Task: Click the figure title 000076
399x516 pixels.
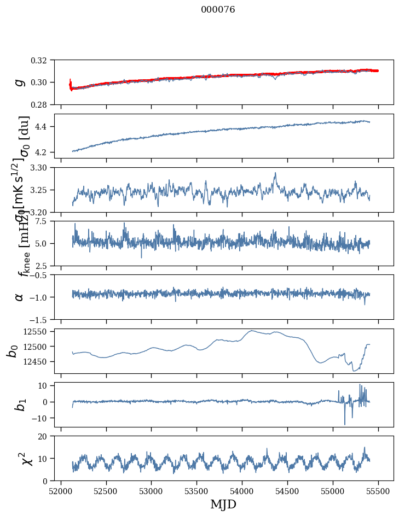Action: [218, 10]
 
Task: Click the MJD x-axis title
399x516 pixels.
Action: [223, 504]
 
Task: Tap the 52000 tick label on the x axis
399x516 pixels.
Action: [61, 490]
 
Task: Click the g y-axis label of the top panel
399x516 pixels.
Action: [20, 82]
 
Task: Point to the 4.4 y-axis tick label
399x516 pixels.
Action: [43, 127]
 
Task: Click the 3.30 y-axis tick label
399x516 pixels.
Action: [41, 167]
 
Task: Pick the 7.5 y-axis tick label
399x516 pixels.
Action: [43, 221]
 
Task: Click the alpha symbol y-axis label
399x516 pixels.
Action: [20, 297]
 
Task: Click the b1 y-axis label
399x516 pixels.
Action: [20, 404]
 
